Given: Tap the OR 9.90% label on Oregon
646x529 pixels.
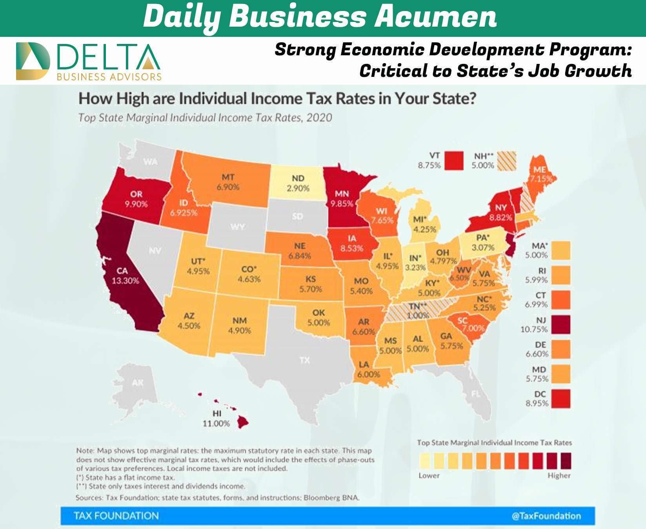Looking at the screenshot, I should pyautogui.click(x=136, y=199).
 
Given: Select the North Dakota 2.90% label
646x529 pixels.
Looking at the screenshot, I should pyautogui.click(x=298, y=183).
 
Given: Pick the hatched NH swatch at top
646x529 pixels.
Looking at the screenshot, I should pyautogui.click(x=506, y=161).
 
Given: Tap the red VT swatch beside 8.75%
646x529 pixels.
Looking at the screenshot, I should pyautogui.click(x=454, y=161).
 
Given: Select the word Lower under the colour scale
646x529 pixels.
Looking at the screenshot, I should pyautogui.click(x=429, y=475).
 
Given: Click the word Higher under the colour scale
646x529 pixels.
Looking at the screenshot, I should pyautogui.click(x=559, y=475).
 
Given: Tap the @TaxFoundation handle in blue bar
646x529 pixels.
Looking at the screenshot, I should pyautogui.click(x=546, y=516).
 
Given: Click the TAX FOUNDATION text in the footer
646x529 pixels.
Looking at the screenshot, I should pyautogui.click(x=116, y=516).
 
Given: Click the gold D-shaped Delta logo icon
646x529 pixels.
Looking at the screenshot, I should pyautogui.click(x=33, y=61).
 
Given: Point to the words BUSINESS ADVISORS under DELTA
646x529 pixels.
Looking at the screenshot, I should pyautogui.click(x=109, y=76).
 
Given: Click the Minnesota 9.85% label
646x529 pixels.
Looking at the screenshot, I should pyautogui.click(x=342, y=199).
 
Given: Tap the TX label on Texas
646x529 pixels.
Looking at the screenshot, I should pyautogui.click(x=304, y=360).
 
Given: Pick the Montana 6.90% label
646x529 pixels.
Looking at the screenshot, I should pyautogui.click(x=228, y=182).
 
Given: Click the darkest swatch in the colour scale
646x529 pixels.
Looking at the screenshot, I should pyautogui.click(x=566, y=461).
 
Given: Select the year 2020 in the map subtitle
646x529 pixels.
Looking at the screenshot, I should pyautogui.click(x=319, y=118).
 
